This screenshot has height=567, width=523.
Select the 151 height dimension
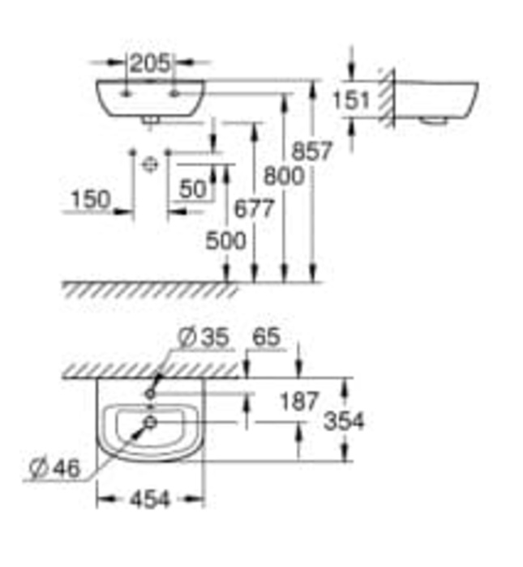(x=352, y=100)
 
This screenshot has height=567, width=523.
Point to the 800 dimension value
(x=283, y=175)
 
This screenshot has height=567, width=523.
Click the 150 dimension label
(x=90, y=199)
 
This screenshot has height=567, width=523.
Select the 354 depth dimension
(x=344, y=421)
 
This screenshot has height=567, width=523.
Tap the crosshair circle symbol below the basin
(x=149, y=164)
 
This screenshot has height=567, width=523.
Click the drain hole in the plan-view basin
(x=150, y=423)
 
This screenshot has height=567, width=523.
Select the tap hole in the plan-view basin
(x=151, y=394)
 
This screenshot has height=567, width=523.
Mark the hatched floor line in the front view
(x=146, y=290)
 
